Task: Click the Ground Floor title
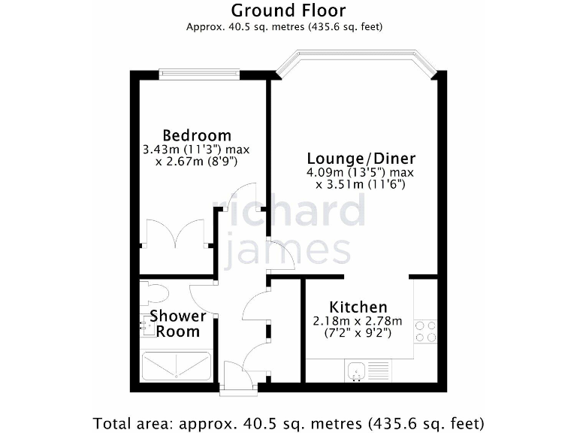(x=288, y=11)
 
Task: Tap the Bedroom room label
(x=197, y=135)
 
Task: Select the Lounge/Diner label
(x=361, y=159)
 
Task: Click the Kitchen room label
(x=358, y=307)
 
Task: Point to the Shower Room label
(x=177, y=323)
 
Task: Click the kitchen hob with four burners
(x=425, y=332)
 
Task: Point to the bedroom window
(x=200, y=73)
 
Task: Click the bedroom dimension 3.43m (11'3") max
(x=196, y=150)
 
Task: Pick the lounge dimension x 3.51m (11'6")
(x=361, y=184)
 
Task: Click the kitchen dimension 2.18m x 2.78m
(x=358, y=321)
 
